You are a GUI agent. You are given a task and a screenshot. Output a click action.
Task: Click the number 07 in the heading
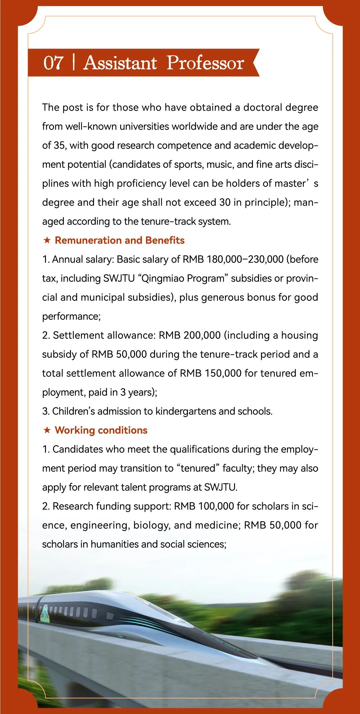(x=53, y=63)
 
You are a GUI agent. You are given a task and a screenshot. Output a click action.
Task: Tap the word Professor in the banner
(x=205, y=63)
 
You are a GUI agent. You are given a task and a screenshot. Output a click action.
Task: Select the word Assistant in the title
(x=120, y=63)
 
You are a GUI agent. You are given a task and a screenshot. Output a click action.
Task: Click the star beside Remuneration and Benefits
(x=47, y=240)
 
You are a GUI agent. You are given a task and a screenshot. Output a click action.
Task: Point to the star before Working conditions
(x=47, y=430)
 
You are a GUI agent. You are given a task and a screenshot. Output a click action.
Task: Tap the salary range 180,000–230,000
(x=245, y=259)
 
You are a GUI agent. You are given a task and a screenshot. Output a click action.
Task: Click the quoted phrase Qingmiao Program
(x=183, y=278)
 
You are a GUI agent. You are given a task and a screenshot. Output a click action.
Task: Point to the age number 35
(x=59, y=145)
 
